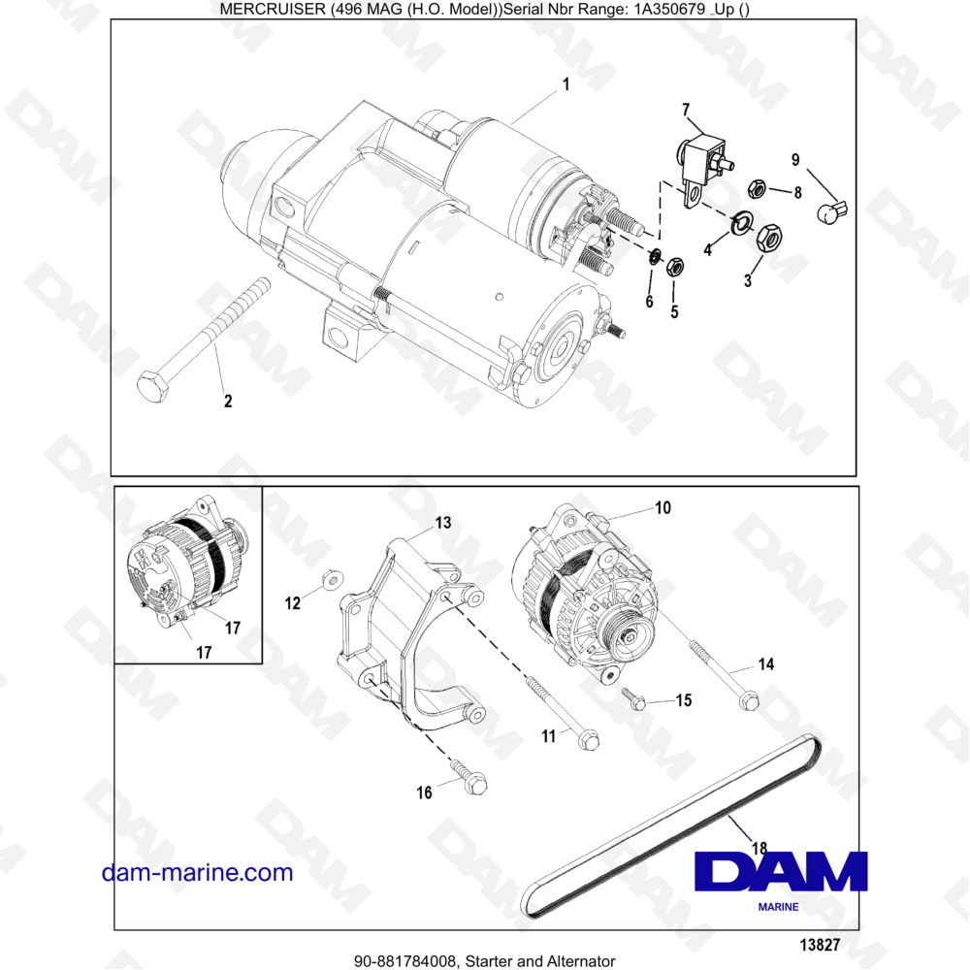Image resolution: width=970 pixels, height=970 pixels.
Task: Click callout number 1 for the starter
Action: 566,84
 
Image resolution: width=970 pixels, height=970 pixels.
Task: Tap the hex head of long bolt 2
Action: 154,385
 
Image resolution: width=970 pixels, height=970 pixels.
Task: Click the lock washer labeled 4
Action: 741,223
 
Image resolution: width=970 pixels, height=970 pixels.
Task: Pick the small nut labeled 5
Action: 677,263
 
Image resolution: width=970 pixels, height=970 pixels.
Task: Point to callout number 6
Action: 649,302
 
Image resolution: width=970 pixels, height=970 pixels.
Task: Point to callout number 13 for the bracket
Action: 442,523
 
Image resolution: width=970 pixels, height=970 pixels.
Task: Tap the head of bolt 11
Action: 589,740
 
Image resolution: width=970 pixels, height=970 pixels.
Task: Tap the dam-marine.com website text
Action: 197,872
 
